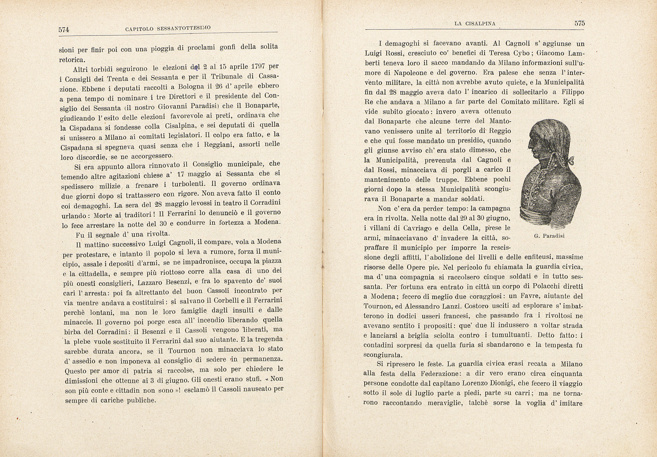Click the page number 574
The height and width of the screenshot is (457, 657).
pos(64,30)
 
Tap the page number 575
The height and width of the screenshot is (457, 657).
pos(579,23)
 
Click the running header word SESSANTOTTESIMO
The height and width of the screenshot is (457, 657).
pos(184,28)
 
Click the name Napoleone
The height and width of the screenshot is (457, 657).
pos(382,73)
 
